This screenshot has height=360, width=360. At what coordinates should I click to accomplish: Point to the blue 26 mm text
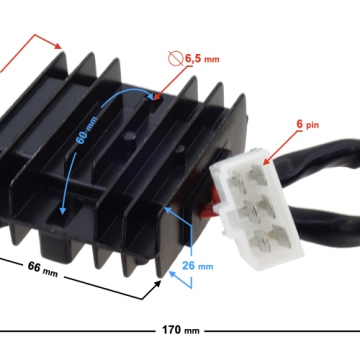[197, 266]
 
